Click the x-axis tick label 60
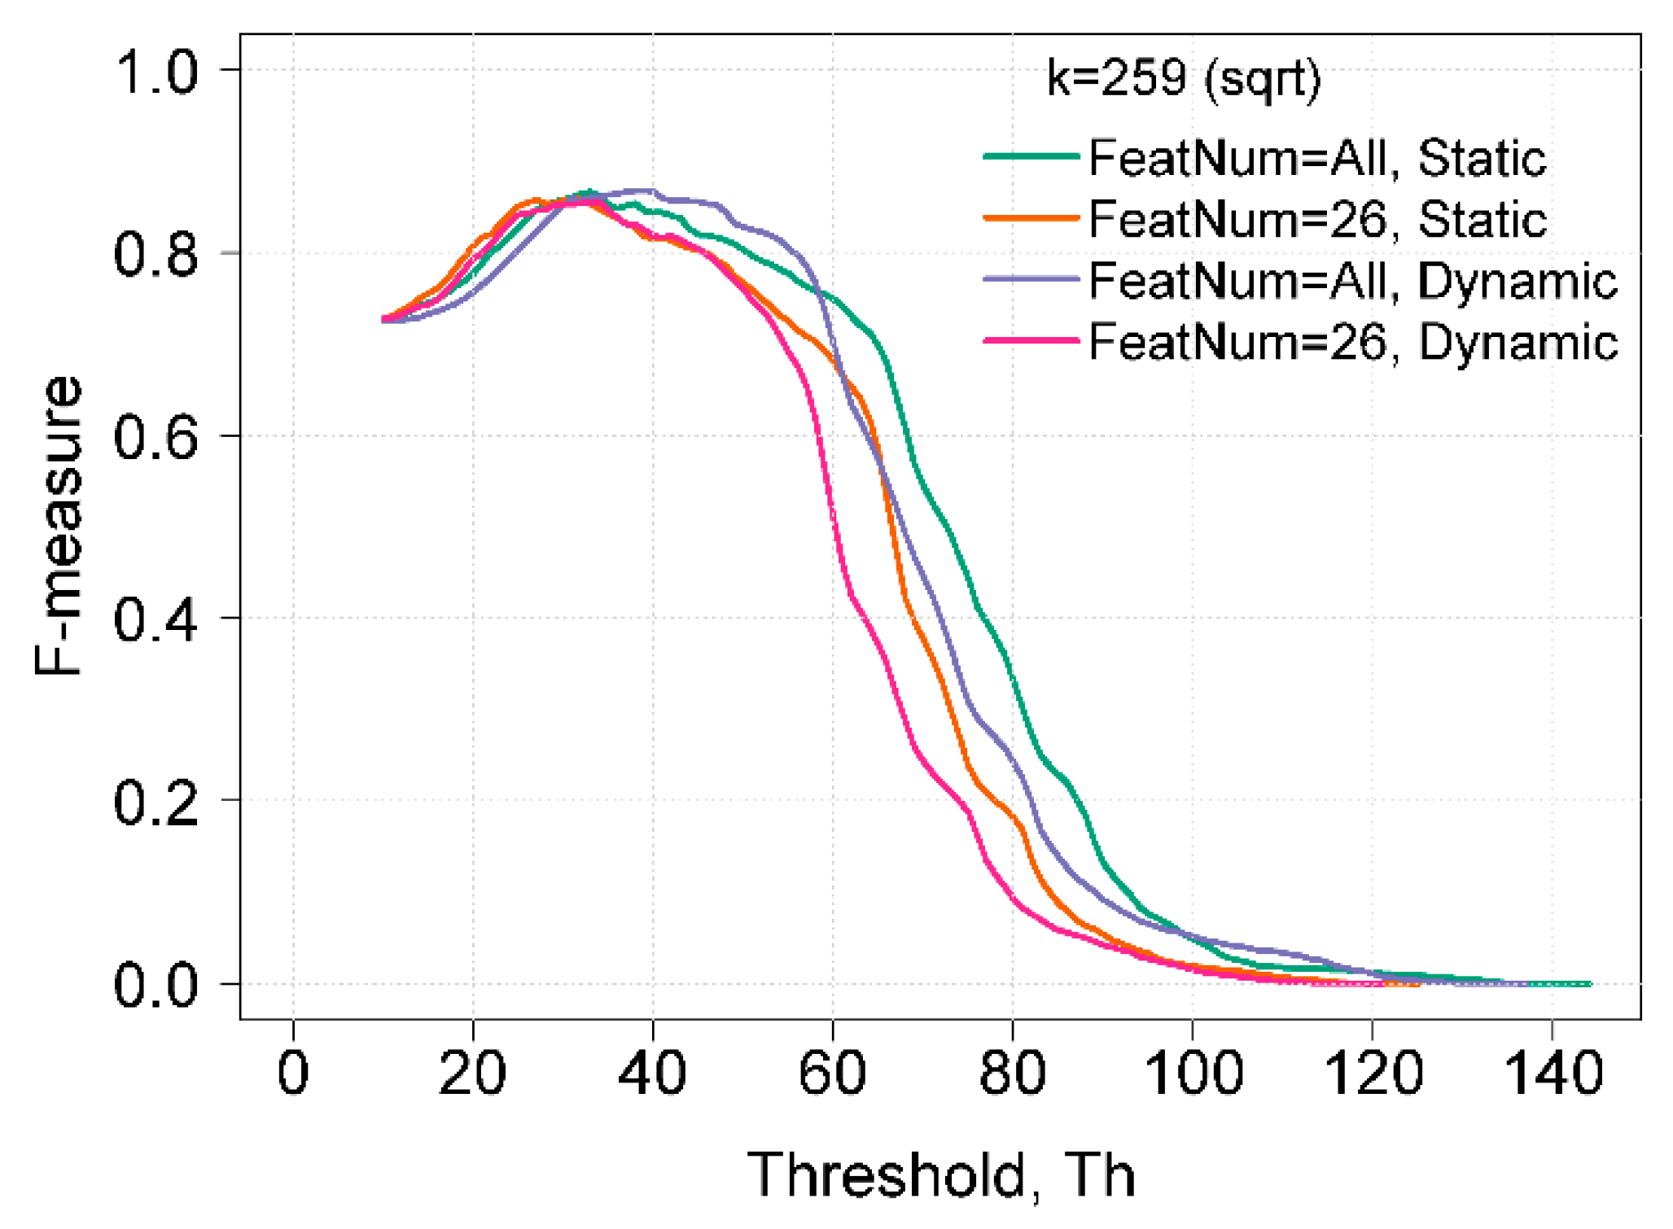[832, 1074]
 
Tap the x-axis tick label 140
[1552, 1074]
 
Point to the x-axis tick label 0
[293, 1074]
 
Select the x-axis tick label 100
[1193, 1074]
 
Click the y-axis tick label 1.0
[155, 72]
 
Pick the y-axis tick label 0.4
[155, 620]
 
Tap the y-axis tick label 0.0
[155, 986]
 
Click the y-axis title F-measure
[59, 527]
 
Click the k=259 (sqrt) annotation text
[1183, 80]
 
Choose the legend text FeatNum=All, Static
[1316, 158]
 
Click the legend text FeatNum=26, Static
[1316, 219]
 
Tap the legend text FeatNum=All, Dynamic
[1352, 282]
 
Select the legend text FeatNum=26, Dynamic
[1352, 342]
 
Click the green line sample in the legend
[1031, 156]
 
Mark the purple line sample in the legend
[1031, 279]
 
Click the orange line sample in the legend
[1031, 218]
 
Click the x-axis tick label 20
[472, 1074]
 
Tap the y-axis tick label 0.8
[155, 255]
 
